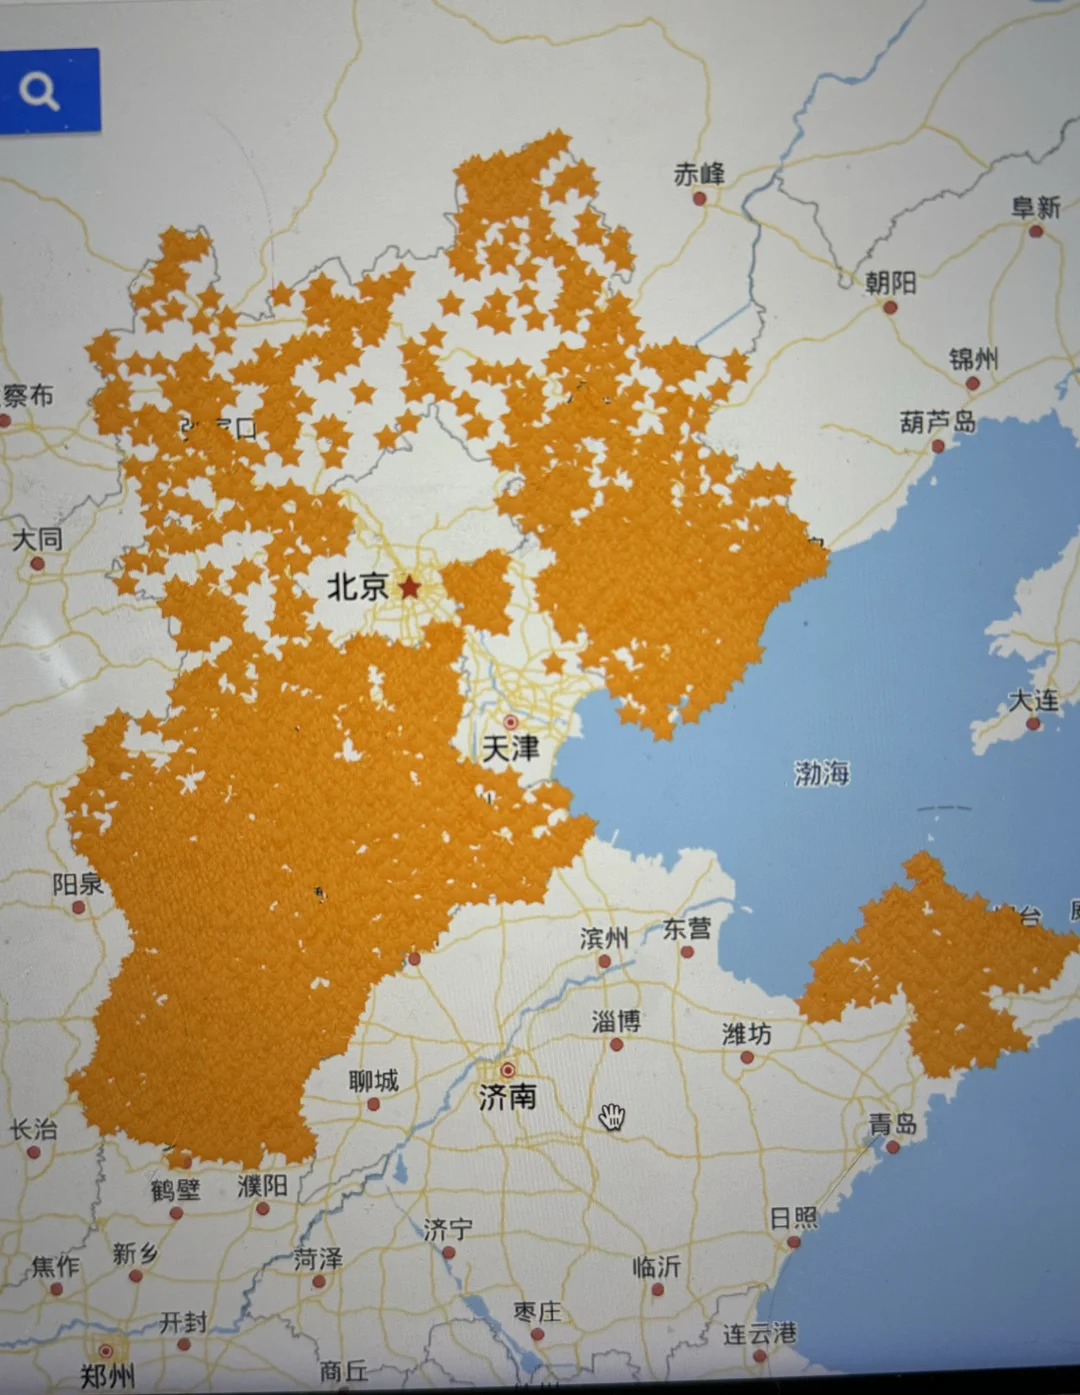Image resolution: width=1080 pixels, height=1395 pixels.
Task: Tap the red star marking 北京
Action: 410,587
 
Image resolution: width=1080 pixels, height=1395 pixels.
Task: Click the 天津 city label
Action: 510,748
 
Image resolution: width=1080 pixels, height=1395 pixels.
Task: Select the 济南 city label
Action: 507,1097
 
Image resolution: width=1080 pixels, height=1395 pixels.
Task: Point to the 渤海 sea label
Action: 822,773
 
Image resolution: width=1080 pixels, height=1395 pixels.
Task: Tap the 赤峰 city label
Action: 699,174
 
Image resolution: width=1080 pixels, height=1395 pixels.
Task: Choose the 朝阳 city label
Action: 890,283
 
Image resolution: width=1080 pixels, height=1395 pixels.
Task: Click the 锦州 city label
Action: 973,358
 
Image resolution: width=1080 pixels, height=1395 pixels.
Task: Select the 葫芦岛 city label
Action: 937,422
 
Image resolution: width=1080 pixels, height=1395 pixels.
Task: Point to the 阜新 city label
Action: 1035,207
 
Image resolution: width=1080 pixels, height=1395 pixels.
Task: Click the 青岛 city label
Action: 893,1124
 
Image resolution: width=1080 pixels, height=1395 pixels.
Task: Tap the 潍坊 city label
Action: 746,1033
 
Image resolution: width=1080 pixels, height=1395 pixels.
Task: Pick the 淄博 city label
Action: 616,1021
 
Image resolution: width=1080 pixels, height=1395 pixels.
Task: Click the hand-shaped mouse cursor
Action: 612,1117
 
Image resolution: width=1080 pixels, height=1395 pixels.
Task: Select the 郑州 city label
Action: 107,1376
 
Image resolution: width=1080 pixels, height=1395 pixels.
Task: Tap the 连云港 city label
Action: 760,1333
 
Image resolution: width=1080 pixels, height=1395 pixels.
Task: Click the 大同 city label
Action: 37,540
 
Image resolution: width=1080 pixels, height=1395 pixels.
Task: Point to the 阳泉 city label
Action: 77,884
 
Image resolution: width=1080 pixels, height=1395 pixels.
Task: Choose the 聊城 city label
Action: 373,1081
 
